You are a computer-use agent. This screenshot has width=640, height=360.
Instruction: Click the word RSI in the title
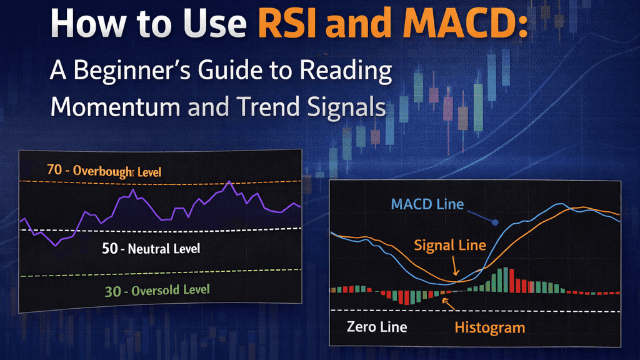[x=287, y=23]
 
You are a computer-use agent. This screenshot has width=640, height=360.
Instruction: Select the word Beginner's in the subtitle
[x=132, y=70]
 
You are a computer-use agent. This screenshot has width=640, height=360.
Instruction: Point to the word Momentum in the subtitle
[x=115, y=106]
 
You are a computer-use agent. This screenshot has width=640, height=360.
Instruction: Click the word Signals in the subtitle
[x=346, y=107]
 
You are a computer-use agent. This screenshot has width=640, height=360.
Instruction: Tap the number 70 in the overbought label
[x=54, y=169]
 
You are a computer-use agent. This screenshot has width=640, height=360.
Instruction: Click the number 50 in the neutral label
[x=110, y=248]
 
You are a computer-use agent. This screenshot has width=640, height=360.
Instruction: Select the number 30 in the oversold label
[x=113, y=291]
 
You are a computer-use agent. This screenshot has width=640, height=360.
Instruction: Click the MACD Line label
[x=427, y=204]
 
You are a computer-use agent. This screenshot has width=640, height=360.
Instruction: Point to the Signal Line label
[x=450, y=245]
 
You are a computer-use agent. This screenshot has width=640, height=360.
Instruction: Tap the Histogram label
[x=490, y=327]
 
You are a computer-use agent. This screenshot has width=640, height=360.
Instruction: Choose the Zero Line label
[x=377, y=326]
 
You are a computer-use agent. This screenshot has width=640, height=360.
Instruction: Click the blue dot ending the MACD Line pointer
[x=495, y=222]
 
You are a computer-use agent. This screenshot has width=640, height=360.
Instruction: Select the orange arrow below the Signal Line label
[x=455, y=266]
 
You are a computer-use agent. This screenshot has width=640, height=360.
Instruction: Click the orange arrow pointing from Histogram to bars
[x=449, y=304]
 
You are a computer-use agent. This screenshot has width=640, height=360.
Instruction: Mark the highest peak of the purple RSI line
[x=230, y=181]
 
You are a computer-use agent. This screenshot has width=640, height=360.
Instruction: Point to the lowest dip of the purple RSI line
[x=56, y=245]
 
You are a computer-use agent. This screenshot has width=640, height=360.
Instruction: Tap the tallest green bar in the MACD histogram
[x=506, y=279]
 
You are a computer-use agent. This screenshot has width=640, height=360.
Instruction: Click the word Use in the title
[x=215, y=23]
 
